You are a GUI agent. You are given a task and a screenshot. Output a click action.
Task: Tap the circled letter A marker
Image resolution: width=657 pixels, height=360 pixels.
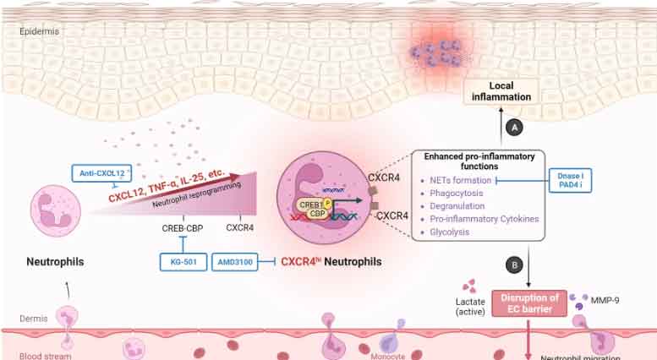pyautogui.click(x=512, y=125)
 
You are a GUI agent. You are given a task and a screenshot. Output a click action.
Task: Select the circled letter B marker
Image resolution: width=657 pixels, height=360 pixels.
pyautogui.click(x=512, y=265)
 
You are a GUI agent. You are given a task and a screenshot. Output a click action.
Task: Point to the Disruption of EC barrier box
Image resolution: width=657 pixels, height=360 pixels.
pyautogui.click(x=526, y=303)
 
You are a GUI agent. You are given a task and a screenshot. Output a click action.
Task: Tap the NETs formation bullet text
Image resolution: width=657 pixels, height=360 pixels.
pyautogui.click(x=461, y=180)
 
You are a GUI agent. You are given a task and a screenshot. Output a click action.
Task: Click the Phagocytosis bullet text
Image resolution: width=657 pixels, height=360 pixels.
pyautogui.click(x=457, y=194)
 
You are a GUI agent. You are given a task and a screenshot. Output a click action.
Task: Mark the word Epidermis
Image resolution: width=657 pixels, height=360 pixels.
pyautogui.click(x=40, y=32)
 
